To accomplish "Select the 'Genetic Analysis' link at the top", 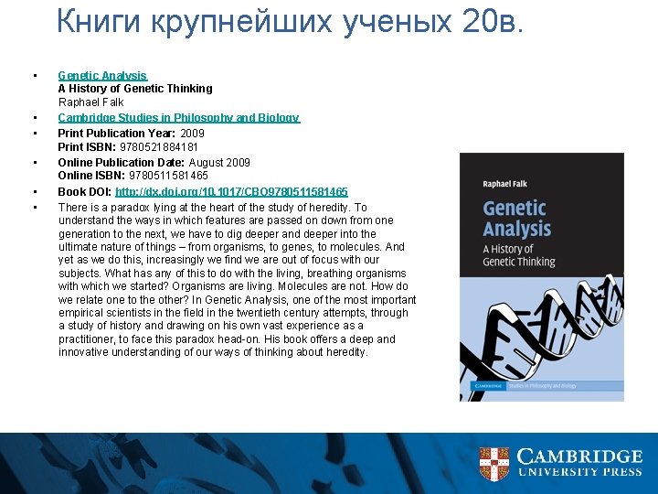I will [102, 75].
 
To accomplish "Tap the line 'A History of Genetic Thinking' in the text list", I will [135, 89].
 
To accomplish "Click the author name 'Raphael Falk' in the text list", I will [90, 102].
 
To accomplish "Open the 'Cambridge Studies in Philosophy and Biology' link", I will [178, 118].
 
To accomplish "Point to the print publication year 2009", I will [193, 133].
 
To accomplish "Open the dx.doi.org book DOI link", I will [231, 192].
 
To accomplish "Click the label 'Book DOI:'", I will [84, 192].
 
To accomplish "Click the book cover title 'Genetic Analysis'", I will [517, 218].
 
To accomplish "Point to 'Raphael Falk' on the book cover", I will [504, 184].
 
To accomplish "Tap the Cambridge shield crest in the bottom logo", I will [494, 464].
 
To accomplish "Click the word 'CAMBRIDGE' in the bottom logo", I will [579, 456].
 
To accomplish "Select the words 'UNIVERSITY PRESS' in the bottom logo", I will [579, 473].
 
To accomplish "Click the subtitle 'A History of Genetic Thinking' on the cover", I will [518, 255].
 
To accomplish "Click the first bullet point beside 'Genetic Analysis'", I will [34, 75].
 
